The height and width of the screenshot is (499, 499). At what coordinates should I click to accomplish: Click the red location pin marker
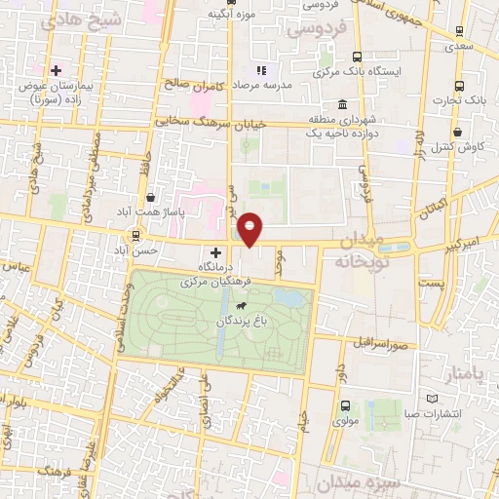pyautogui.click(x=250, y=228)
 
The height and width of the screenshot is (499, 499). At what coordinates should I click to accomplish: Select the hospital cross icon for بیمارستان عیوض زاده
pyautogui.click(x=56, y=70)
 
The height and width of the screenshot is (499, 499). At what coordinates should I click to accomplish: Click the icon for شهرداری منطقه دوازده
pyautogui.click(x=341, y=105)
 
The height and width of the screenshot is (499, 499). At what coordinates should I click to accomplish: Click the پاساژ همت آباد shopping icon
pyautogui.click(x=149, y=198)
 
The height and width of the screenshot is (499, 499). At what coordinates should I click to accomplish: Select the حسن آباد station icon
pyautogui.click(x=134, y=236)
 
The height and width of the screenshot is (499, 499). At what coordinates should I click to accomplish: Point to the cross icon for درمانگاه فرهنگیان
pyautogui.click(x=215, y=252)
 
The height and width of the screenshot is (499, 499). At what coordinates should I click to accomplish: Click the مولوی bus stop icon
pyautogui.click(x=345, y=406)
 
